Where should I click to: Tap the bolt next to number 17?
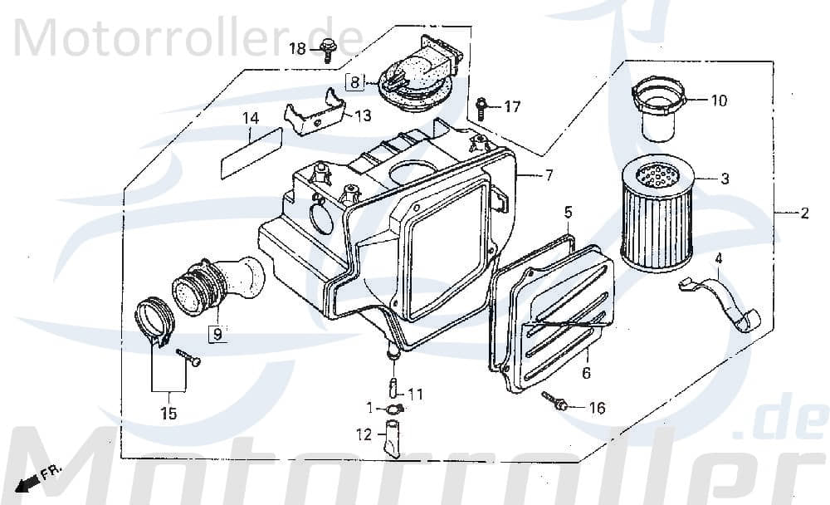click(x=482, y=107)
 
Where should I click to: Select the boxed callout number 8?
click(x=354, y=82)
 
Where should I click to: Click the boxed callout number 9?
click(x=216, y=336)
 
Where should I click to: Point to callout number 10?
click(x=718, y=101)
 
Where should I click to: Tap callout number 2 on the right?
click(x=803, y=214)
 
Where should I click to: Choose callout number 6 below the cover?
click(x=586, y=374)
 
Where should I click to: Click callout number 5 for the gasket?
click(x=568, y=213)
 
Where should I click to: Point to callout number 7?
click(x=548, y=174)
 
